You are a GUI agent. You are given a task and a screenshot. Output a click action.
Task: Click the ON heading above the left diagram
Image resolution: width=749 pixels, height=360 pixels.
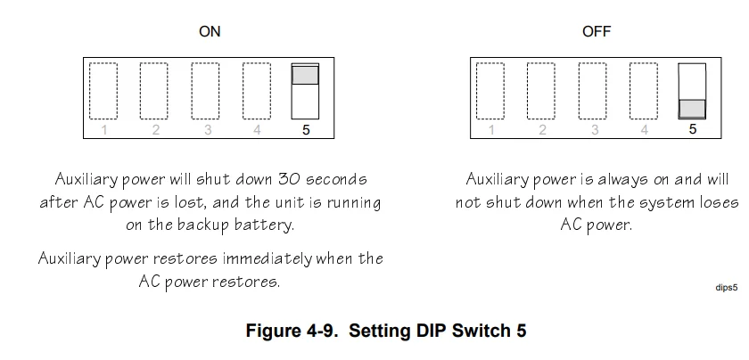point(210,31)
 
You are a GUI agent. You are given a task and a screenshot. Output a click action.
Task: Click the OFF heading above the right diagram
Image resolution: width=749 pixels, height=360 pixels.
point(597,31)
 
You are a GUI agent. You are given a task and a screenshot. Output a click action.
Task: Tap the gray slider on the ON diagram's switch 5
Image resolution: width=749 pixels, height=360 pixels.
point(305,75)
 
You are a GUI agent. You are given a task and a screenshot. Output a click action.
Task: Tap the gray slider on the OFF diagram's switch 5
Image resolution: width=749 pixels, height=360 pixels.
point(692,109)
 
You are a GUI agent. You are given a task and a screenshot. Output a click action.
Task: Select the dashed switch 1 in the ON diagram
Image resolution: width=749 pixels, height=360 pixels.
point(103,90)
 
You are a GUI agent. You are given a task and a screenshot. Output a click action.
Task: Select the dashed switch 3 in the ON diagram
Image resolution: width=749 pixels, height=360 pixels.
point(207,90)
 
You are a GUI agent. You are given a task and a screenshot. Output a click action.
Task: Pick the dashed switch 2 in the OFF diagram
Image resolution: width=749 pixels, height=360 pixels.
point(541,90)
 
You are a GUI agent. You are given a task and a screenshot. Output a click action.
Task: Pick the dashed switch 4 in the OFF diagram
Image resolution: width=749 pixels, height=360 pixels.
point(643,90)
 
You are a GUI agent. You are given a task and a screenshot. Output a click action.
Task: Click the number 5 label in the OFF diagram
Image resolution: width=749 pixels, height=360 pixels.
point(693,130)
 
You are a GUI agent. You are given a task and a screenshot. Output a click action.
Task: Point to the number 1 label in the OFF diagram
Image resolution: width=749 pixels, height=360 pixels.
point(490,130)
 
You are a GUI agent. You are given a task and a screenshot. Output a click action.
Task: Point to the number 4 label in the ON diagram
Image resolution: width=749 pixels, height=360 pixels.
point(257,130)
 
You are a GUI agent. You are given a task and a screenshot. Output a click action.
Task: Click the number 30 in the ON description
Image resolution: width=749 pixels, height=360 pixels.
point(284,179)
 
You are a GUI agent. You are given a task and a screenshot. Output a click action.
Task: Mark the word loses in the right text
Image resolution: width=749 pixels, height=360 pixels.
point(715,202)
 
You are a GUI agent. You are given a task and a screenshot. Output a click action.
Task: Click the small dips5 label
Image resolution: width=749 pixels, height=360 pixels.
point(727,288)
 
